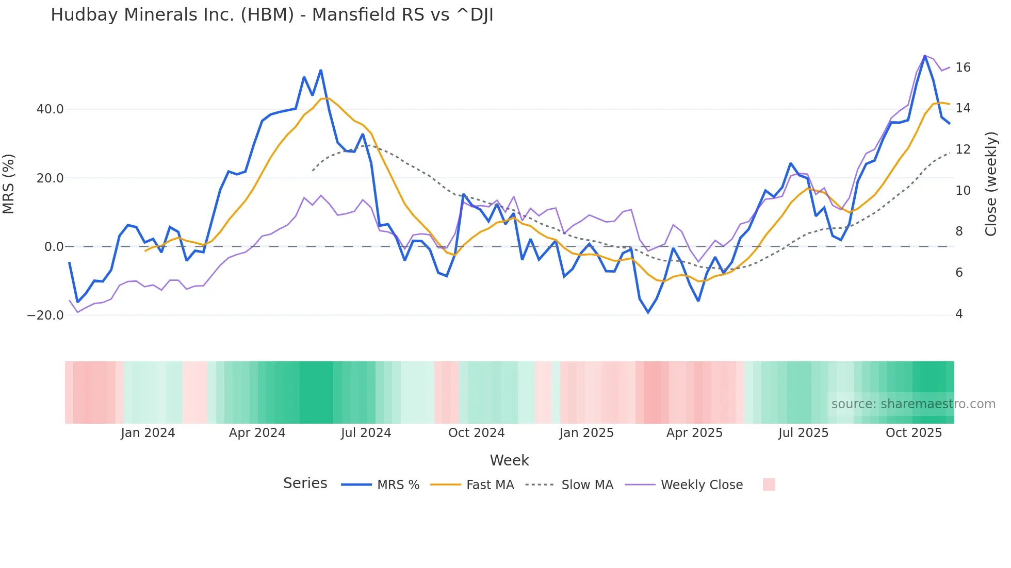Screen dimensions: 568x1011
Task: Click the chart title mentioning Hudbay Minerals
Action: [272, 15]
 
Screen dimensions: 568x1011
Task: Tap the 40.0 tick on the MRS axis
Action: [50, 109]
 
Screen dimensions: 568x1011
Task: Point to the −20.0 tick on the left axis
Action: [45, 315]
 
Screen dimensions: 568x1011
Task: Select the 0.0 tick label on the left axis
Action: [54, 247]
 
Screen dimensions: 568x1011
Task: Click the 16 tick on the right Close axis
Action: [963, 68]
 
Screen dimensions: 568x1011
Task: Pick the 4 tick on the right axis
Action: [959, 314]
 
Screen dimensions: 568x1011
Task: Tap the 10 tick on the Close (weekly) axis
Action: [963, 191]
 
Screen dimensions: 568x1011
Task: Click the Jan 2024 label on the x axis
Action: [148, 433]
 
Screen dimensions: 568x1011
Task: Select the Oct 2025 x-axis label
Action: [914, 433]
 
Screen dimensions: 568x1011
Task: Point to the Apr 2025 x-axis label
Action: [694, 433]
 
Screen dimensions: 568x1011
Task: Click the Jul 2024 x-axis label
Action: [366, 433]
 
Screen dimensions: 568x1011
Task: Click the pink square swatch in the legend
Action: [769, 485]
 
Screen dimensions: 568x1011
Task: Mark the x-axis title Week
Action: [509, 460]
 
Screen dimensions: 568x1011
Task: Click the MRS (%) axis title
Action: [8, 183]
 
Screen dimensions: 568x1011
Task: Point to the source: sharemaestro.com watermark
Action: [913, 404]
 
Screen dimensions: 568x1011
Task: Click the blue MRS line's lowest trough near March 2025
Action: [648, 312]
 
